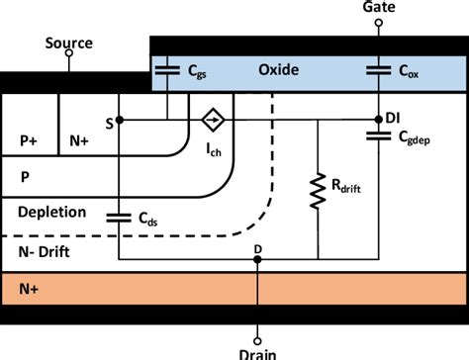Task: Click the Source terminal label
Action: tap(69, 44)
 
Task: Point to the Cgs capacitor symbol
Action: tap(168, 71)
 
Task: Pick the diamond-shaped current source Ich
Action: tap(210, 121)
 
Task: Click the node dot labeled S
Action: tap(119, 121)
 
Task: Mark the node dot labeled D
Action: tap(257, 260)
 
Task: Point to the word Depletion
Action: tap(51, 213)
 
